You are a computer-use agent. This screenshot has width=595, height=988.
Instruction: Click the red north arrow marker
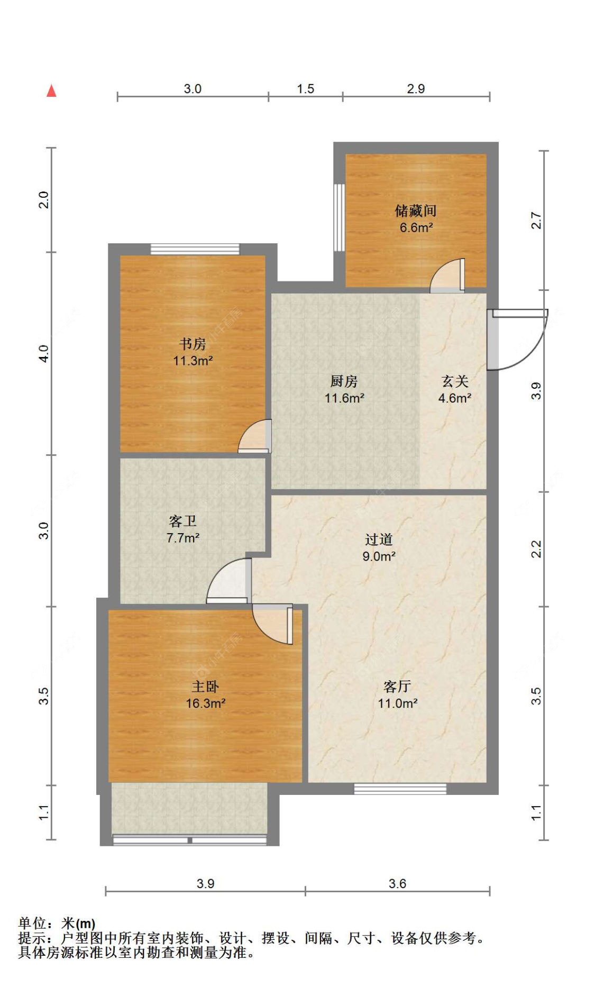[x=51, y=91]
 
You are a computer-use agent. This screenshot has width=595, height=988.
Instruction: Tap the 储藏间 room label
[x=416, y=211]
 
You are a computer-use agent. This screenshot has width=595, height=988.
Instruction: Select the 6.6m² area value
[x=416, y=228]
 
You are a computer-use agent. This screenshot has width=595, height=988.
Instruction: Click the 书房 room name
[x=193, y=344]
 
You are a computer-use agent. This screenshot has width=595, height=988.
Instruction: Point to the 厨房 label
[x=344, y=381]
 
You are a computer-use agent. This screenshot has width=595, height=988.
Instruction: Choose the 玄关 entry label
[x=455, y=381]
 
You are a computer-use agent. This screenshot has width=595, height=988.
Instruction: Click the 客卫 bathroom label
[x=183, y=522]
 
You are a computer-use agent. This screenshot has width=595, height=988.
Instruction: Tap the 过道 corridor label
[x=379, y=539]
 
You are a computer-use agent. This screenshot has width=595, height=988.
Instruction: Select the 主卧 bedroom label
[x=205, y=687]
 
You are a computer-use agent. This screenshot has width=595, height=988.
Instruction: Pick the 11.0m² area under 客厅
[x=398, y=703]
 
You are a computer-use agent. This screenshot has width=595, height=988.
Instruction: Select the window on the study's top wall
[x=195, y=249]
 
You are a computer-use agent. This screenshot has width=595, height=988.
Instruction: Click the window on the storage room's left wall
[x=340, y=217]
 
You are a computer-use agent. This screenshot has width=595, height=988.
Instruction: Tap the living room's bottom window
[x=400, y=789]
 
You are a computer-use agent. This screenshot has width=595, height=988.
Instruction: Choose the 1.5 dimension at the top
[x=306, y=89]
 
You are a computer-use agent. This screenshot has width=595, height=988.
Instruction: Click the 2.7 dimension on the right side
[x=536, y=221]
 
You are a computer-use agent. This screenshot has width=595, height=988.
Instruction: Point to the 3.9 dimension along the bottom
[x=205, y=884]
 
